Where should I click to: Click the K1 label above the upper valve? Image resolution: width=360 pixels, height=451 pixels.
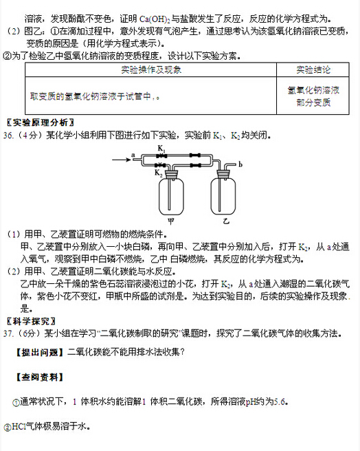[x=161, y=148]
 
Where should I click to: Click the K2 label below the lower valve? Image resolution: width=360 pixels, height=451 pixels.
[x=159, y=175]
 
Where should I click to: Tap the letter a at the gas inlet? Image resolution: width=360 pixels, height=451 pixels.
[x=131, y=156]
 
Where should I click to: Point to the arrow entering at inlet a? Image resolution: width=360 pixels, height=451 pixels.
[x=142, y=161]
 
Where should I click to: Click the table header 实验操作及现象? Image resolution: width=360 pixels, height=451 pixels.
[x=150, y=70]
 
